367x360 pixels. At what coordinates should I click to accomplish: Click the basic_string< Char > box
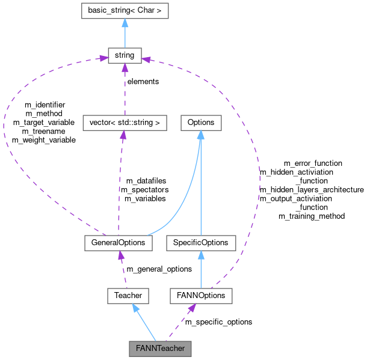click(x=125, y=11)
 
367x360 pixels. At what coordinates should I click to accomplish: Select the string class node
click(x=125, y=56)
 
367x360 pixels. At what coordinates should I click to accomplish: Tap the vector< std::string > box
click(x=124, y=123)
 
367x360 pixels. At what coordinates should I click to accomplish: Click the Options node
click(x=200, y=123)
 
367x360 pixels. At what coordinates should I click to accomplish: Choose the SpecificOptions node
click(x=200, y=243)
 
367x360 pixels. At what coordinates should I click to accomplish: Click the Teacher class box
click(x=128, y=295)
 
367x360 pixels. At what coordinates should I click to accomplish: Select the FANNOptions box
click(x=200, y=295)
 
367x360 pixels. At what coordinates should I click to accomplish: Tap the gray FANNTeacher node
click(x=160, y=348)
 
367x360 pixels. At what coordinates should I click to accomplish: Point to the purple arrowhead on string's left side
click(x=103, y=59)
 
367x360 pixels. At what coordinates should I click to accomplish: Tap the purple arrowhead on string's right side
click(x=146, y=59)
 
